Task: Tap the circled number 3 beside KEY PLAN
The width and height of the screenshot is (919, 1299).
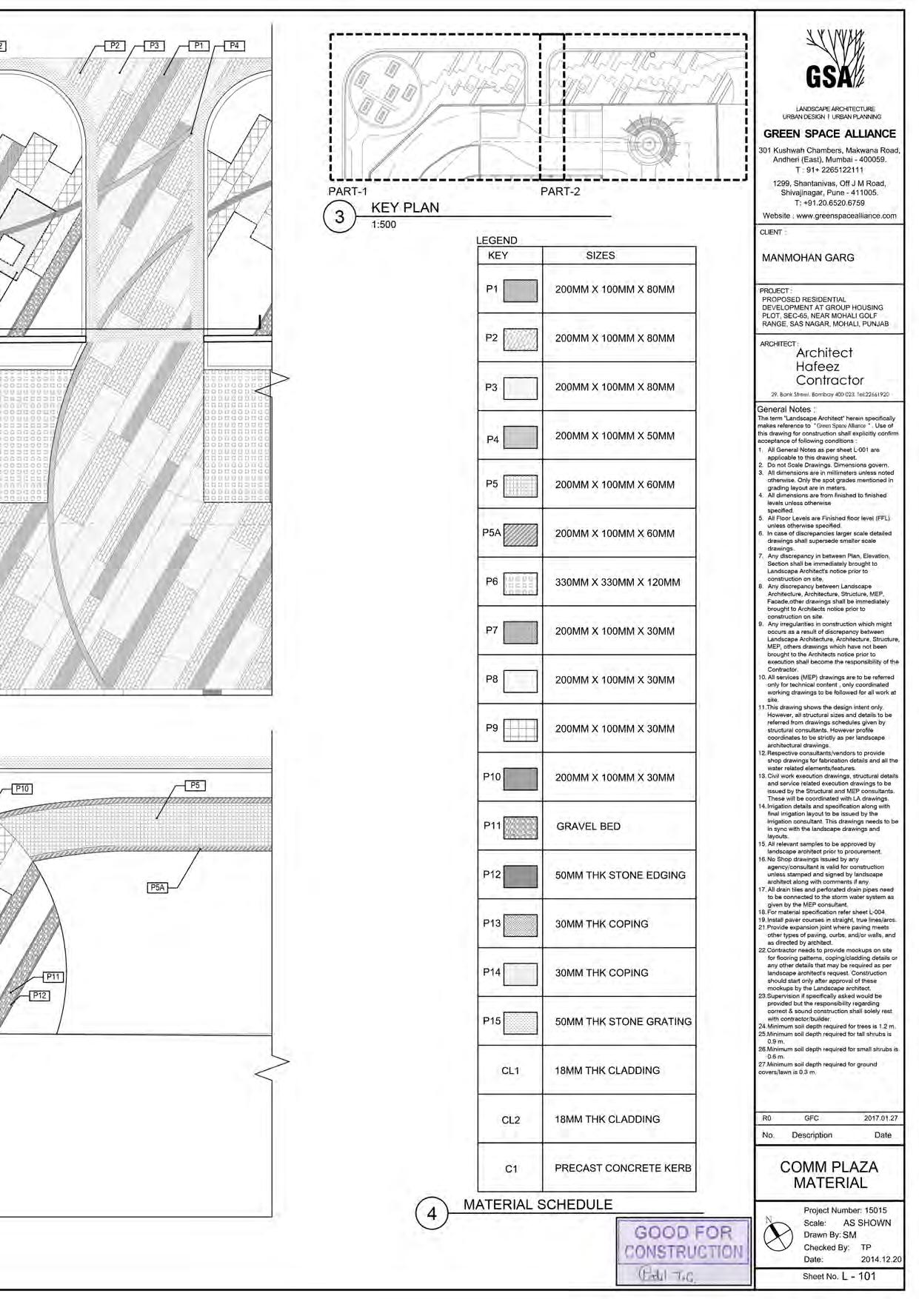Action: [x=340, y=218]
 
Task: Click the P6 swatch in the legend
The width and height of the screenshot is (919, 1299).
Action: [x=520, y=584]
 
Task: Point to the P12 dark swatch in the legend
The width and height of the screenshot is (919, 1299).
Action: [x=520, y=876]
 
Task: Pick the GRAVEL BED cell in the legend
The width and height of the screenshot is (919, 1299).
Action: [x=589, y=827]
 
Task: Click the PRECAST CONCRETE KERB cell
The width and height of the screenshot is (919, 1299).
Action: [x=623, y=1168]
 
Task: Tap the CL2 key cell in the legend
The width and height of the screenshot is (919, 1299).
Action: [x=510, y=1120]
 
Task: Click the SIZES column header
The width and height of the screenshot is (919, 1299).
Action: [x=600, y=256]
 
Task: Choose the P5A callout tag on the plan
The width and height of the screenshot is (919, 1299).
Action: [x=157, y=887]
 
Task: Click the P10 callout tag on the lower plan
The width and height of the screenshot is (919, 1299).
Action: [x=23, y=789]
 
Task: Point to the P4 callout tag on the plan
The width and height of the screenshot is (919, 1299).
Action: [x=234, y=46]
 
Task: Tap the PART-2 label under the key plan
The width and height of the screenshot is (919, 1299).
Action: [x=560, y=191]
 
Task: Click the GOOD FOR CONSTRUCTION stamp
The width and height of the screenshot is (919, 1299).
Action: [x=684, y=1251]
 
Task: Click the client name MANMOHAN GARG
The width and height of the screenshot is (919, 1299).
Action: [x=808, y=258]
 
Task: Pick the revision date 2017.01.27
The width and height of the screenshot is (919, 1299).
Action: [x=880, y=1118]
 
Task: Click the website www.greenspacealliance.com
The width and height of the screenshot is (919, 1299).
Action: [x=829, y=216]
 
